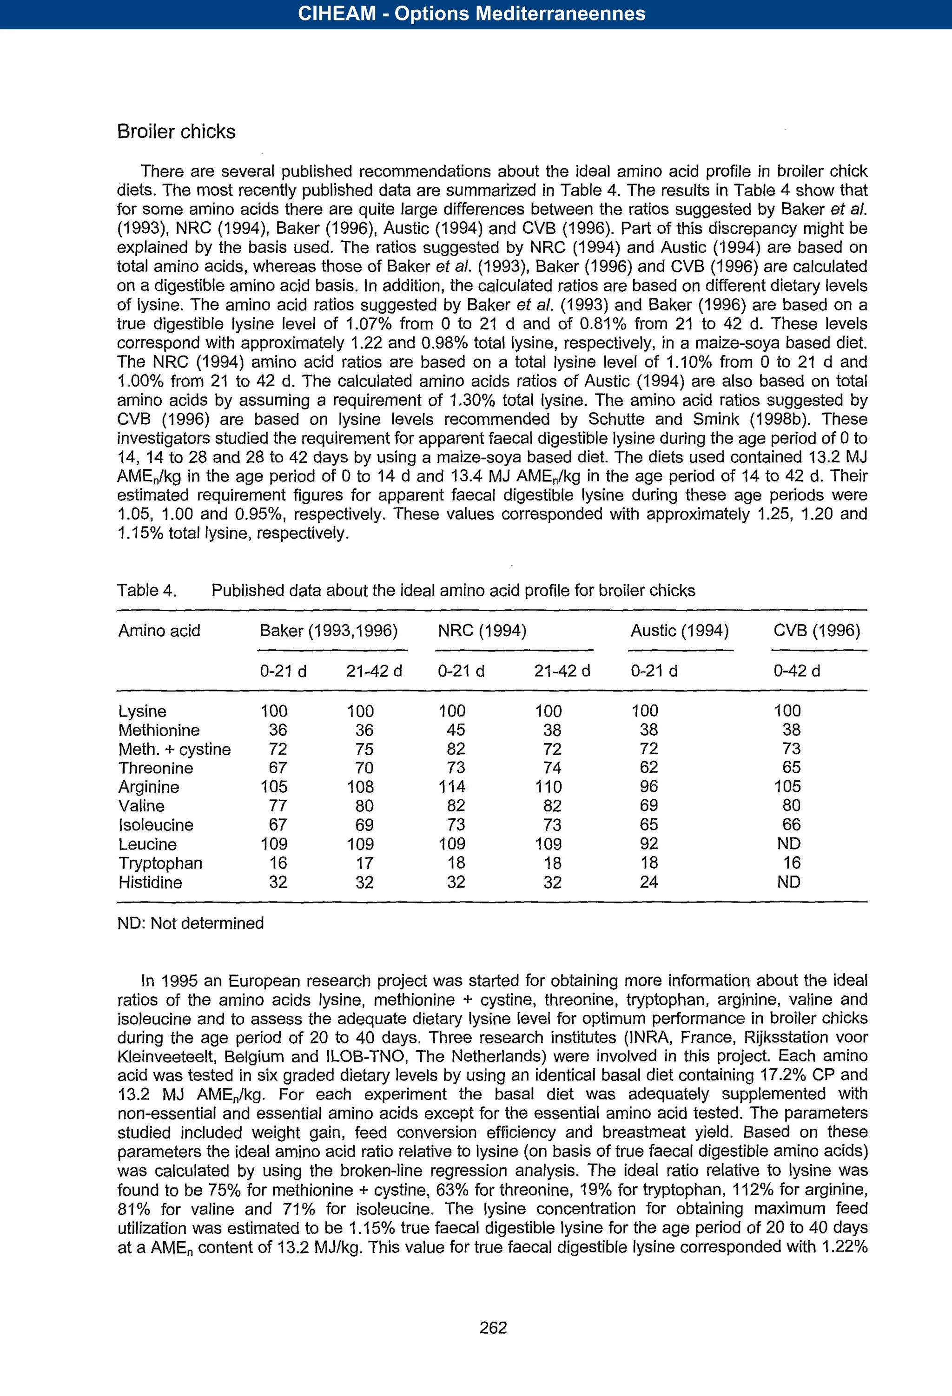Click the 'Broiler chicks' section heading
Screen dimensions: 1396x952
(176, 132)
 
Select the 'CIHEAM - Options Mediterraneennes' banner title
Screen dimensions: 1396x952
(471, 14)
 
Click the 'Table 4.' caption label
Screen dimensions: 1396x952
(146, 591)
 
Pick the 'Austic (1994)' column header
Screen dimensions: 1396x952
(679, 630)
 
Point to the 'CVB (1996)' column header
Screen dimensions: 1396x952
(816, 630)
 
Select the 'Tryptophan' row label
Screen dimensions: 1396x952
(160, 863)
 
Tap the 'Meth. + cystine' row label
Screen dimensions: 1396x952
(174, 749)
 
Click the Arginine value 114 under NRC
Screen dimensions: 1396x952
(451, 786)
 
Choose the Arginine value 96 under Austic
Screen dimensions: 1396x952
(648, 786)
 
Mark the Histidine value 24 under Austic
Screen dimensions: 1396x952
(648, 882)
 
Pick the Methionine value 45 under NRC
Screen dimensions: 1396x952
(456, 730)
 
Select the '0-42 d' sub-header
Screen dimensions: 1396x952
(796, 671)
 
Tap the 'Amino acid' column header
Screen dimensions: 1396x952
(159, 630)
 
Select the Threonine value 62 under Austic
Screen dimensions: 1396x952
(648, 768)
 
